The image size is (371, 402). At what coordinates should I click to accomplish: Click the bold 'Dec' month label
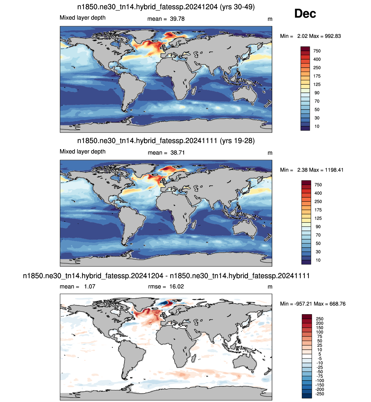(305, 14)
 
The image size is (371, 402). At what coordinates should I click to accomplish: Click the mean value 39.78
(177, 19)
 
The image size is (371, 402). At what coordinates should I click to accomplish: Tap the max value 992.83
(333, 36)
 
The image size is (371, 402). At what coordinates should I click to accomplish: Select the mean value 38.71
(177, 153)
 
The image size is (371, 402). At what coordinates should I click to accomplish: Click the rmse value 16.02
(176, 286)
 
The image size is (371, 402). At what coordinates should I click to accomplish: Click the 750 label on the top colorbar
(317, 51)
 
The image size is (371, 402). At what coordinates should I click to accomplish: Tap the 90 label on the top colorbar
(317, 93)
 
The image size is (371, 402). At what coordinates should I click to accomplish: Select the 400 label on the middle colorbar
(318, 193)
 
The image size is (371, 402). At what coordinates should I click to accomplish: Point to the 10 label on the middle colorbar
(318, 260)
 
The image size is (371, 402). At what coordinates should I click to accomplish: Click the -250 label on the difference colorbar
(320, 394)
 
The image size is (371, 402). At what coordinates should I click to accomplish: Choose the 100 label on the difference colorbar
(320, 332)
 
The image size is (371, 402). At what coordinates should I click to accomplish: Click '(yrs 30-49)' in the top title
(237, 7)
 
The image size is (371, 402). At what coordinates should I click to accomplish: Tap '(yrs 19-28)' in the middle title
(237, 141)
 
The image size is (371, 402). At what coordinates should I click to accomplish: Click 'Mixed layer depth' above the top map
(83, 18)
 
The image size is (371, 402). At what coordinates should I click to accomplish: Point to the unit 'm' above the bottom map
(270, 287)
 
